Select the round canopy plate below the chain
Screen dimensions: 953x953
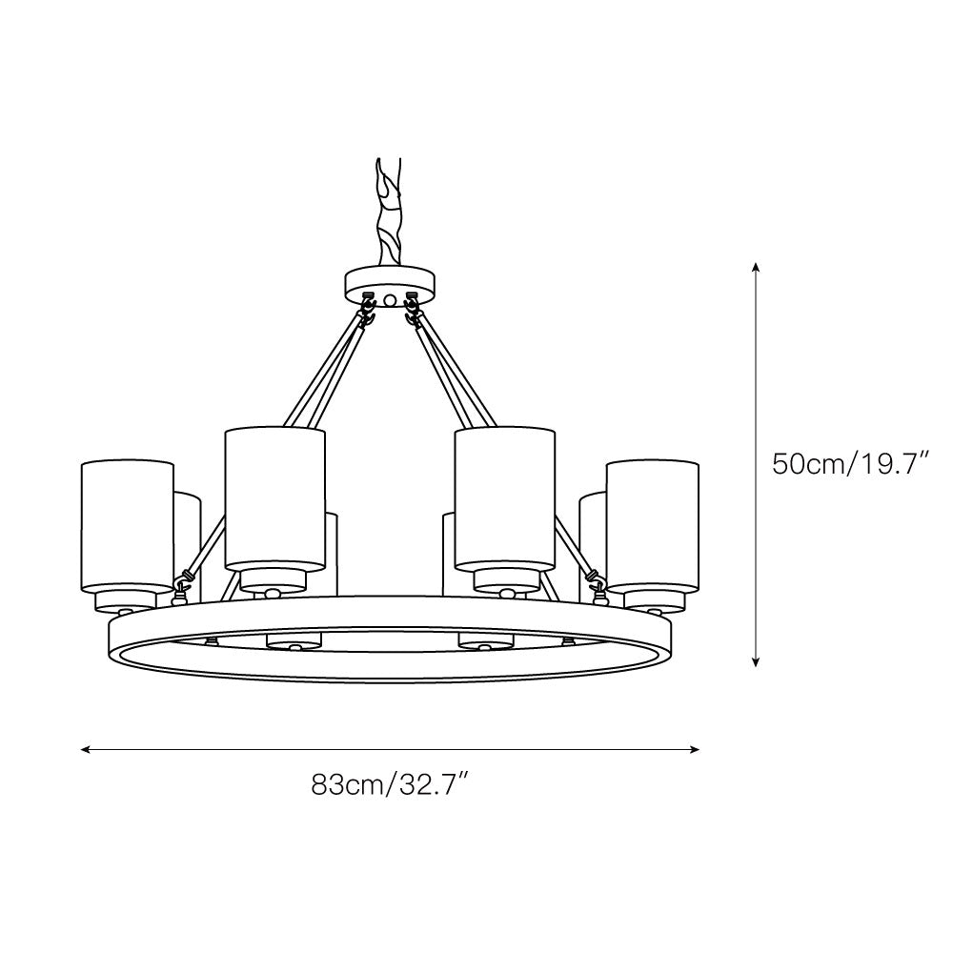tap(391, 282)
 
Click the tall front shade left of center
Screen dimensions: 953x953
tap(275, 497)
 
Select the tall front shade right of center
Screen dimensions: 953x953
tap(505, 497)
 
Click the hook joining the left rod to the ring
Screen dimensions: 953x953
tap(185, 578)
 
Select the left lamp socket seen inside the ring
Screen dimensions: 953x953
tap(294, 641)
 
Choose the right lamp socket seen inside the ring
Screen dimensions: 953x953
tap(486, 641)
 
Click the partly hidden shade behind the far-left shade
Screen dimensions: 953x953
tap(188, 534)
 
